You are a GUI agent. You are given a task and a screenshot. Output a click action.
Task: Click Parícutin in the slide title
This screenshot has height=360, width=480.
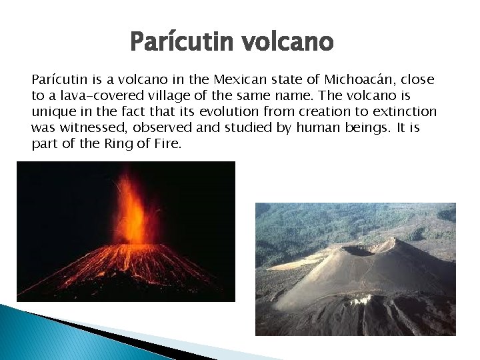181,43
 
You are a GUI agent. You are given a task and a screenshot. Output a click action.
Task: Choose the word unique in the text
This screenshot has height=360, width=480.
55,112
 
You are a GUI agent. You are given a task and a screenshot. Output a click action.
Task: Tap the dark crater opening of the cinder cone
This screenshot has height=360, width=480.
358,251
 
